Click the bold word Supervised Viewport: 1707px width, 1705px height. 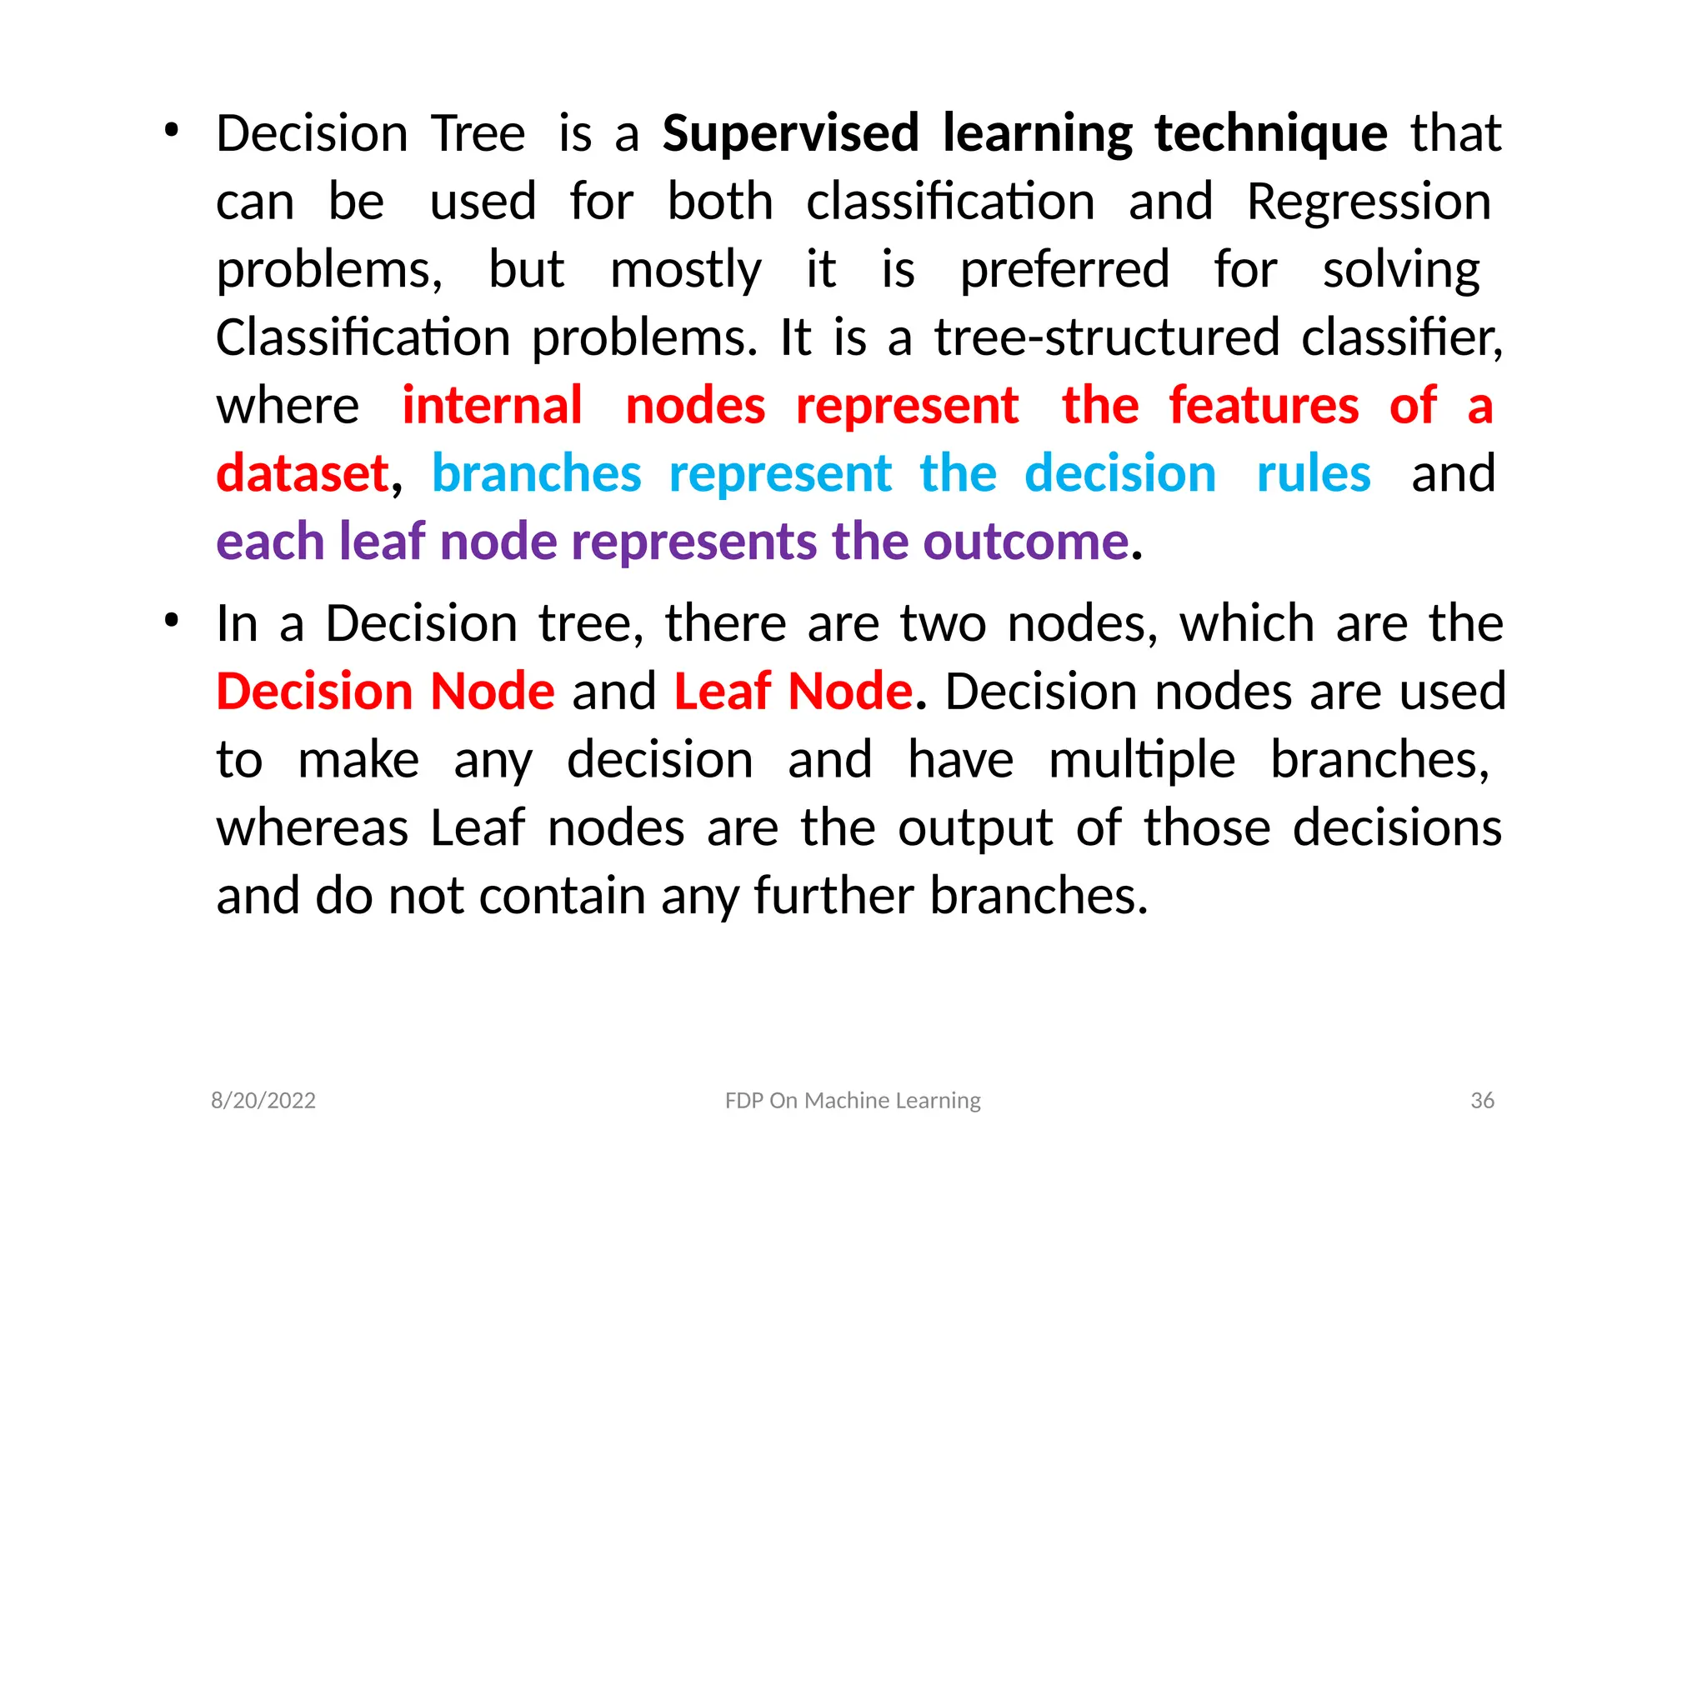pos(791,134)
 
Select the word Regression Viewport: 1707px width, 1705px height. pos(1369,202)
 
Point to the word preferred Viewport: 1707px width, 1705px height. pos(1064,270)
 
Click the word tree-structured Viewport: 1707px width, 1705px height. pos(1107,338)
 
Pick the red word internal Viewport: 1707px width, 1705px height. pos(492,407)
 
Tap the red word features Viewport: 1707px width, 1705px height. pos(1264,407)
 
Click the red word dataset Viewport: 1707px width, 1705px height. pos(303,474)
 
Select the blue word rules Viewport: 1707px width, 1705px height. pos(1313,474)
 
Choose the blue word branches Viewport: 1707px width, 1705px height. pos(536,474)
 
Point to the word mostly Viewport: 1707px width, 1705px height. pos(686,270)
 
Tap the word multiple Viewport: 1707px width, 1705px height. pos(1142,761)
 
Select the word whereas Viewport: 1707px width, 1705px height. pos(312,828)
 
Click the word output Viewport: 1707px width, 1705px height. pos(975,828)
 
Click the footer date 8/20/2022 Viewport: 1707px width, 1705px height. pos(263,1100)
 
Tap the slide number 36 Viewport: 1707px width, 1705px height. pos(1482,1100)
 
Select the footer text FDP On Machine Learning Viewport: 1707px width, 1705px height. pos(853,1100)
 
